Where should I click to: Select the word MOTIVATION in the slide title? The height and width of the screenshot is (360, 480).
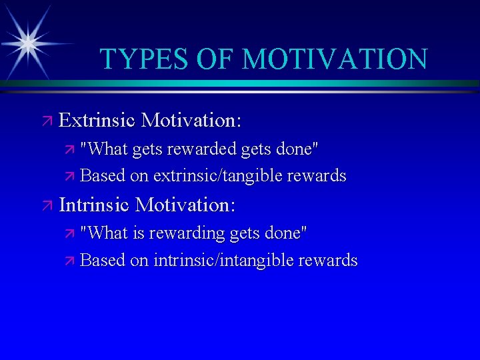335,59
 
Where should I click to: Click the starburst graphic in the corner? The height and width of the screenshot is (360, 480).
28,42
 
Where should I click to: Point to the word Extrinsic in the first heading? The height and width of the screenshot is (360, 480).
97,121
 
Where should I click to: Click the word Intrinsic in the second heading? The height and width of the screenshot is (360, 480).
95,205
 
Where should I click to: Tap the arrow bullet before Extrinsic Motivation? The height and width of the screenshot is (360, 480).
47,121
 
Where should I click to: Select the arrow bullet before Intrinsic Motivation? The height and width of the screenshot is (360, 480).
47,205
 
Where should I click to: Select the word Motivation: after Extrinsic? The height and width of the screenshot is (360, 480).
191,121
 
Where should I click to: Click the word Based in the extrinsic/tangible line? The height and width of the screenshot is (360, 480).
103,176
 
